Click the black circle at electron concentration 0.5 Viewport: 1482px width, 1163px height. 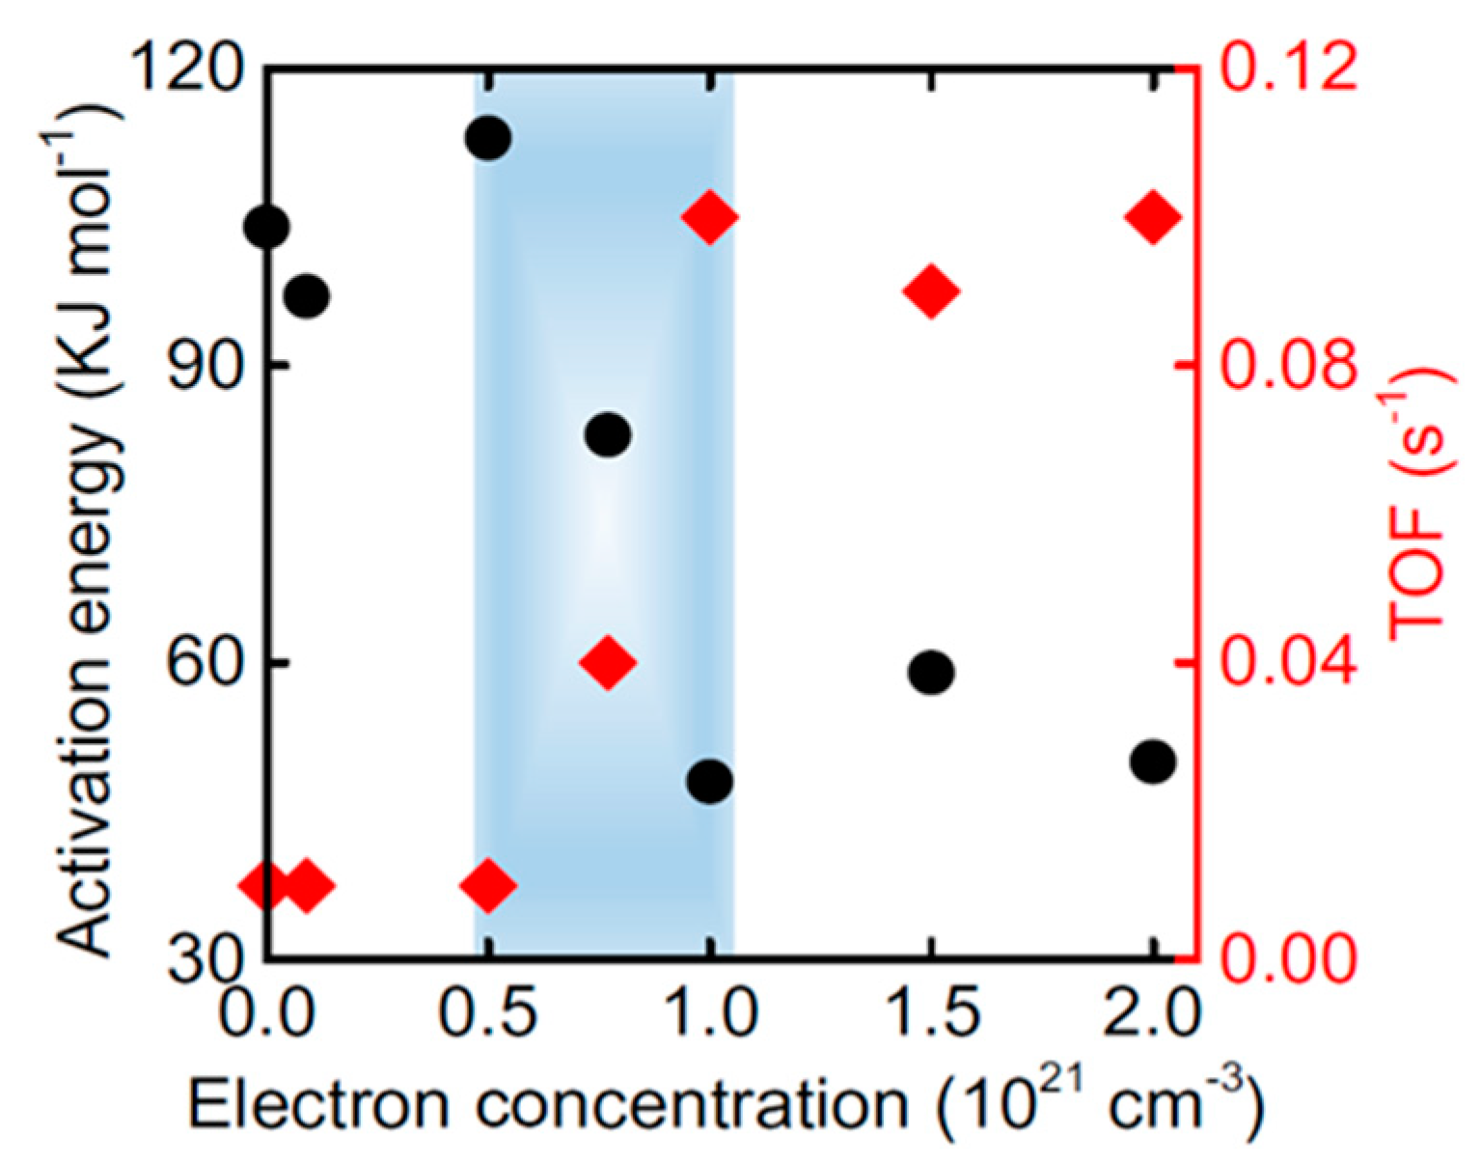pos(487,138)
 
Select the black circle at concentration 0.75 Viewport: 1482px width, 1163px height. pos(608,434)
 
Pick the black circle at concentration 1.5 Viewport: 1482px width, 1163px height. pos(931,672)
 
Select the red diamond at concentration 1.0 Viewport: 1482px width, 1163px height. pos(710,217)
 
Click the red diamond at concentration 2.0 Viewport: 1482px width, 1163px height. pos(1153,217)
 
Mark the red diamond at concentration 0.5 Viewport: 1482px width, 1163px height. pos(487,884)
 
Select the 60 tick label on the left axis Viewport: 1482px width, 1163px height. pos(201,664)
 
